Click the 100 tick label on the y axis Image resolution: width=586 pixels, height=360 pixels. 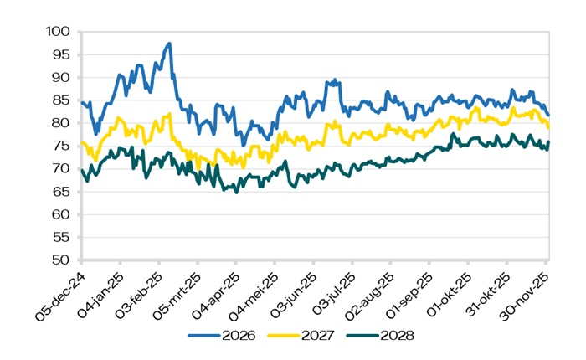(x=60, y=32)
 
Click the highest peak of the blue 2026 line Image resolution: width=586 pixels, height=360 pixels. (x=169, y=44)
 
